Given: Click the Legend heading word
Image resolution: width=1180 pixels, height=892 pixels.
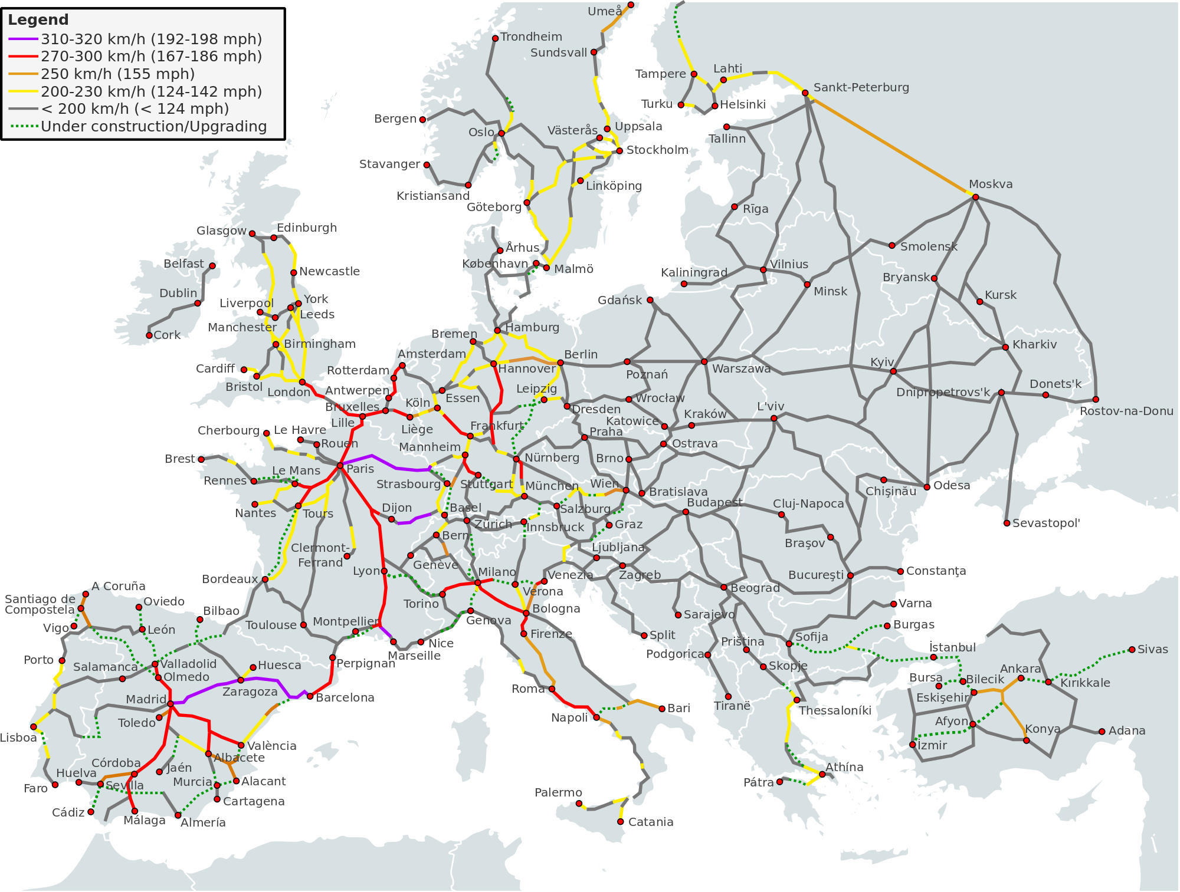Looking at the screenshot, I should (38, 19).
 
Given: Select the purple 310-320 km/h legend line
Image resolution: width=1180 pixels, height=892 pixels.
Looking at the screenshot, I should (23, 40).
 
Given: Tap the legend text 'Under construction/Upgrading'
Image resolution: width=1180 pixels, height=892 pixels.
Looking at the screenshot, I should (153, 127).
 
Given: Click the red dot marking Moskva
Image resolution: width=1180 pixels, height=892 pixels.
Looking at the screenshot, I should (975, 197).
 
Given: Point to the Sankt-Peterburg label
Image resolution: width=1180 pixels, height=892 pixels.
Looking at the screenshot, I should (861, 88).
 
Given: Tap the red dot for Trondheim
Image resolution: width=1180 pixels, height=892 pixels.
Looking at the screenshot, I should (495, 38).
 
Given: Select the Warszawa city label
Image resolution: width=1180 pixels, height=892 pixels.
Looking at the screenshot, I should (741, 369).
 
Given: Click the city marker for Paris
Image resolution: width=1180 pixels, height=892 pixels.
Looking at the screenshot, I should (340, 466).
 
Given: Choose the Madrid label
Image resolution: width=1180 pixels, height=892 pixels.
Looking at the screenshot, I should (146, 699).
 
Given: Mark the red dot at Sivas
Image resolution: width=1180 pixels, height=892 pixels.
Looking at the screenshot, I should (1132, 650).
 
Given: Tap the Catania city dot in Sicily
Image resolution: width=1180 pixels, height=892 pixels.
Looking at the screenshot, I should (620, 821).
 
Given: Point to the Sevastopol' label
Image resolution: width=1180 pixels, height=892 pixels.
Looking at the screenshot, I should (1046, 523).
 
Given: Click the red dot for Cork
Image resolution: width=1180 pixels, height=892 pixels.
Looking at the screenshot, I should (149, 335).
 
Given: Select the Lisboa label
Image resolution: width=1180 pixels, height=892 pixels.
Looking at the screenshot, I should (18, 738).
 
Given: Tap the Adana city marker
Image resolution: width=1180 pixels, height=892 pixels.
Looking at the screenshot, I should (1102, 732).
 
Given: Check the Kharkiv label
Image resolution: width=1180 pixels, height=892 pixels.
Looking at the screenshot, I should (1034, 344).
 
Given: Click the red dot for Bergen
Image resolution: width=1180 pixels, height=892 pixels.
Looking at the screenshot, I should (422, 120).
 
